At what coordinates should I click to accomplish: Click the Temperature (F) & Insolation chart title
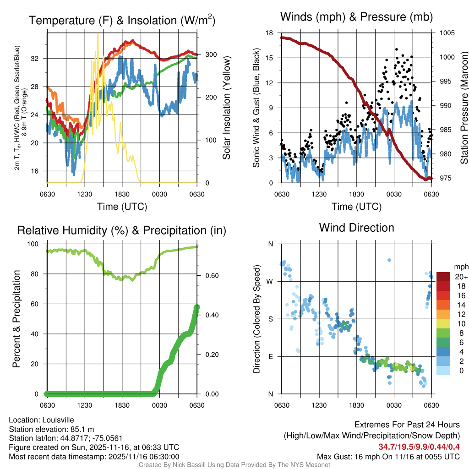(x=122, y=21)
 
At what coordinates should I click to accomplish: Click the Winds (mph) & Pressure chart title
(x=357, y=17)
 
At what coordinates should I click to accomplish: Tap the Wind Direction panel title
(x=356, y=228)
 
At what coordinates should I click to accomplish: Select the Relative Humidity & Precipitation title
(x=121, y=230)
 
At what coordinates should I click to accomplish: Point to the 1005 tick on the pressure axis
(x=446, y=33)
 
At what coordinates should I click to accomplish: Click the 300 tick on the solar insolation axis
(x=204, y=55)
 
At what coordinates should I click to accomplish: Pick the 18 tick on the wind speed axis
(x=269, y=33)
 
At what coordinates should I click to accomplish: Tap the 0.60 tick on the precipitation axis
(x=208, y=276)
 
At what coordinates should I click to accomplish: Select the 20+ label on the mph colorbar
(x=461, y=277)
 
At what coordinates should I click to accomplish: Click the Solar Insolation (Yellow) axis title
(x=226, y=108)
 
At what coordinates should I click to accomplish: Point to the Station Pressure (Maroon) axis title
(x=464, y=108)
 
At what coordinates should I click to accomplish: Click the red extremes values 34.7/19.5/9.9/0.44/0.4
(x=419, y=447)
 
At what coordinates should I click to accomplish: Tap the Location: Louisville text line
(x=41, y=420)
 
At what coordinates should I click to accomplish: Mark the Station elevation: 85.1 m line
(x=51, y=429)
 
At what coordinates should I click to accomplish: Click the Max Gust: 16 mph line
(x=388, y=457)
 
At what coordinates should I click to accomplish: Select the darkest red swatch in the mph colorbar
(x=443, y=277)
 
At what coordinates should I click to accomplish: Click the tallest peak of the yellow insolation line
(x=97, y=35)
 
